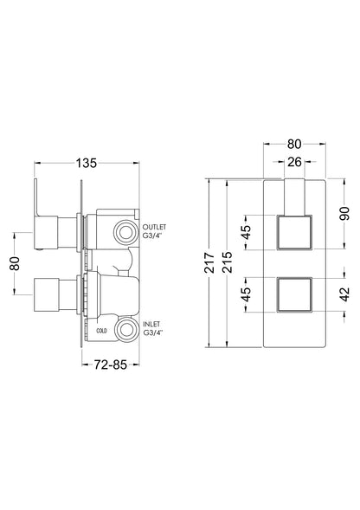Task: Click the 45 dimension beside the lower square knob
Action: click(x=247, y=294)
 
